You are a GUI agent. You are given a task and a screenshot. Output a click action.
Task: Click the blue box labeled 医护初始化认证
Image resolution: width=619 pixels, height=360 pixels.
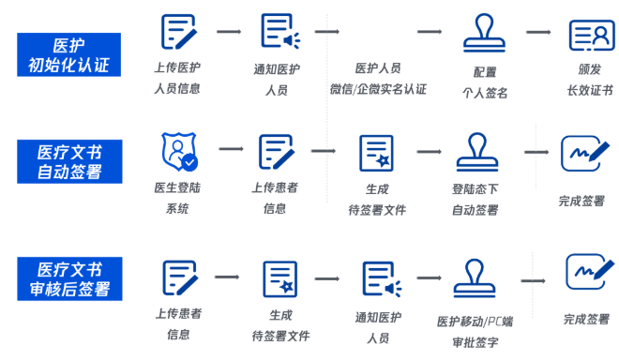tap(68, 54)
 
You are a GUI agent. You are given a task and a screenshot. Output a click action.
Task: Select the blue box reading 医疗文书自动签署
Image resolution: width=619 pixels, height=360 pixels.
tap(68, 161)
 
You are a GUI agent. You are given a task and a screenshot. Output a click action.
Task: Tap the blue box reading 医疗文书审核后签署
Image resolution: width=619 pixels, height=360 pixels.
tap(68, 278)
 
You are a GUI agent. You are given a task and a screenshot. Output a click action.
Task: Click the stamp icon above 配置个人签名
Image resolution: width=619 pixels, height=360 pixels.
tap(485, 35)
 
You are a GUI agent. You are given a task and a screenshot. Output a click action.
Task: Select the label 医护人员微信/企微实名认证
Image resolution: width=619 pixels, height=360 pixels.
tap(378, 79)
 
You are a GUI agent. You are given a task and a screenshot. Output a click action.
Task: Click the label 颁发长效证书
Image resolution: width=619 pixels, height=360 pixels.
tap(590, 79)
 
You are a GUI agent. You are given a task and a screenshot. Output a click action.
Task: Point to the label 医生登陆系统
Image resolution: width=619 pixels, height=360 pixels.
tap(177, 197)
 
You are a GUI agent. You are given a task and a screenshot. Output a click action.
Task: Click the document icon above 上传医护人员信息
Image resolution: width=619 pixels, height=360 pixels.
tap(178, 33)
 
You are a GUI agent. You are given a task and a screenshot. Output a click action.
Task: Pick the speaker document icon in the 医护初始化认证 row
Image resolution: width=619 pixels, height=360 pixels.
tap(279, 33)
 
